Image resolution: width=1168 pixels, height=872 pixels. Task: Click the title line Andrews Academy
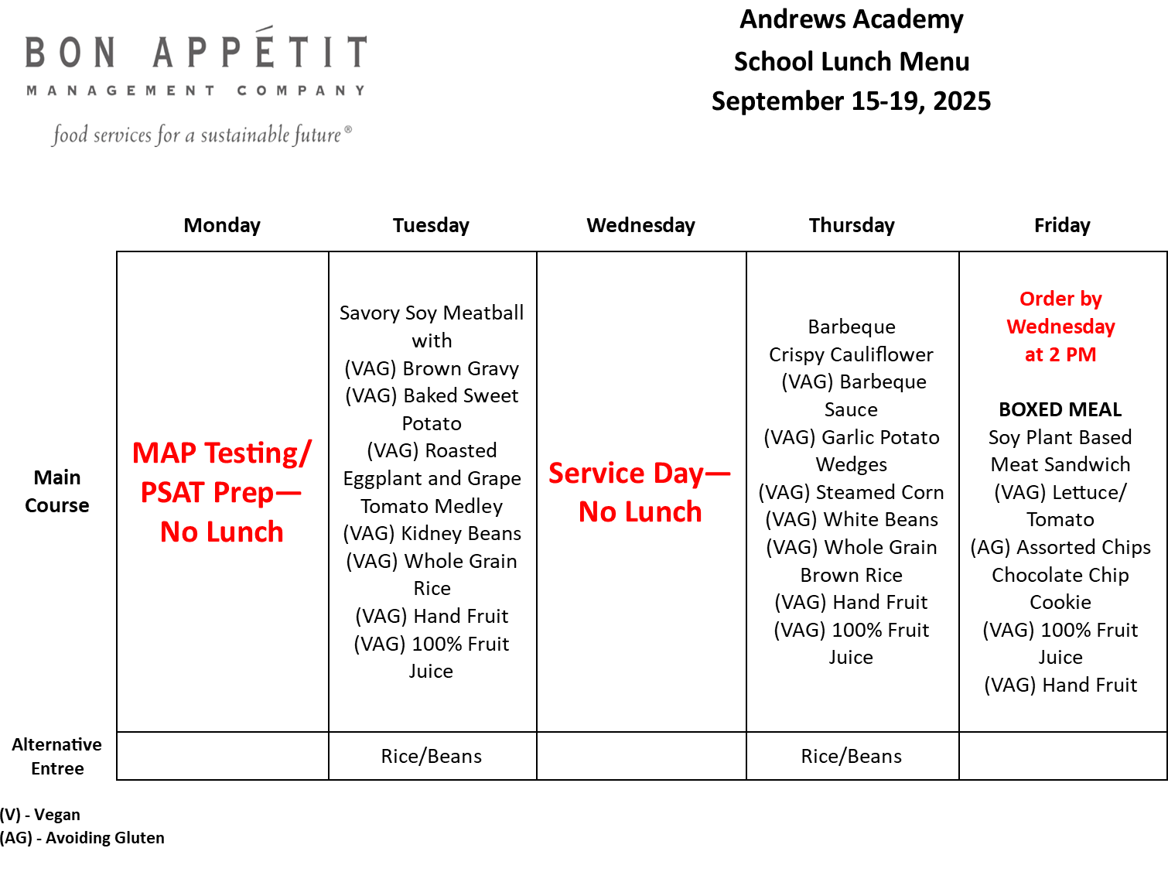point(851,19)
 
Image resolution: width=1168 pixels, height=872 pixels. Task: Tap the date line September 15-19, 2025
point(851,101)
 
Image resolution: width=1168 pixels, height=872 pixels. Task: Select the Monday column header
point(222,226)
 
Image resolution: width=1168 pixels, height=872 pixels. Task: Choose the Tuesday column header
point(431,226)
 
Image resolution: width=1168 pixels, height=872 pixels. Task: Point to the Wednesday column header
point(640,226)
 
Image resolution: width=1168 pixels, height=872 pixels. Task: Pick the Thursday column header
point(852,226)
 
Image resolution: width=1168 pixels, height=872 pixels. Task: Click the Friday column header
point(1062,226)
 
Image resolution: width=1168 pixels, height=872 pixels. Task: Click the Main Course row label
point(57,491)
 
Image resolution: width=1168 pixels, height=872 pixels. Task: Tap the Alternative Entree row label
point(57,756)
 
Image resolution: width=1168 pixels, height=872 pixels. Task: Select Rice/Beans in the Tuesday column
point(431,756)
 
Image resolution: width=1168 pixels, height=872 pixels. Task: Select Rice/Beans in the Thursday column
point(852,756)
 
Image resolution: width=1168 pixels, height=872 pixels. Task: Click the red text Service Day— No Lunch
point(640,492)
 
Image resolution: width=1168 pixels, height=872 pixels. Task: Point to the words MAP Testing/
point(222,453)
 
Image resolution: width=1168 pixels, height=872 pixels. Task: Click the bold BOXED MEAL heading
point(1060,409)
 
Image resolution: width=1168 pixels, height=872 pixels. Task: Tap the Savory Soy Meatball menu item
point(431,313)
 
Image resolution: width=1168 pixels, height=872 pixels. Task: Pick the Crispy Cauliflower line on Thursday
point(851,354)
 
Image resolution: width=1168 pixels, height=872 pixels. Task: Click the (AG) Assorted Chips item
point(1060,548)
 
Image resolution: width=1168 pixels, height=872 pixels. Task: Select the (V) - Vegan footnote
point(40,815)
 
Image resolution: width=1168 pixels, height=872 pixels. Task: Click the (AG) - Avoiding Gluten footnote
point(82,838)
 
